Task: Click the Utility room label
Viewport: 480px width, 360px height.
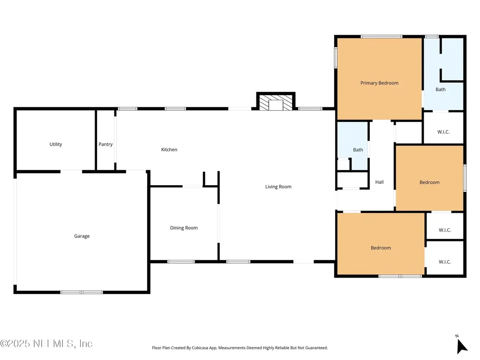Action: (x=56, y=144)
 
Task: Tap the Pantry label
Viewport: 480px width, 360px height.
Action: (x=105, y=144)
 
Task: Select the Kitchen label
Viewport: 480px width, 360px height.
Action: (x=169, y=150)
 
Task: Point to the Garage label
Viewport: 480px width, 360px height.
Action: (x=82, y=236)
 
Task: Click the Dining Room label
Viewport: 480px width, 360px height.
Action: (x=184, y=228)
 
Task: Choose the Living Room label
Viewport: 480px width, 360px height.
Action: (x=278, y=187)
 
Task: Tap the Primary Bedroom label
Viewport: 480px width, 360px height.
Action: (x=379, y=83)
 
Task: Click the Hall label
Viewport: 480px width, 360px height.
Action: (x=379, y=182)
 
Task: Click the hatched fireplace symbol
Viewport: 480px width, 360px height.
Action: (x=276, y=103)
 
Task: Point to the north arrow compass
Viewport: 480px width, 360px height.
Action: (x=461, y=345)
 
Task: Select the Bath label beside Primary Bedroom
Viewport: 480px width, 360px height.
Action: (x=441, y=90)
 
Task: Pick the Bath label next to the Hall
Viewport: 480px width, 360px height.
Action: (x=358, y=150)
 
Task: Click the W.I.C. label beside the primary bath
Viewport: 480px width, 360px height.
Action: (x=443, y=132)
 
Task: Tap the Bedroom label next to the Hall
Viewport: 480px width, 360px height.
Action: (x=429, y=182)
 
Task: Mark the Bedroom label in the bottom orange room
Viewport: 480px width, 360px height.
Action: (x=381, y=248)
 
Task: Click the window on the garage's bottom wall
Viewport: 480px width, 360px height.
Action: (x=82, y=292)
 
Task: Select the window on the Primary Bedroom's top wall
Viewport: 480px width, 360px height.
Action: (x=382, y=37)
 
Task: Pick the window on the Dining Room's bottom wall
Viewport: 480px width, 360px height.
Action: (x=181, y=262)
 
